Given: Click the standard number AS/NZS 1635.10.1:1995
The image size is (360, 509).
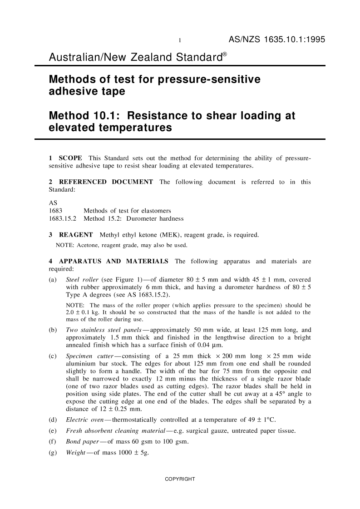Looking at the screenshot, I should [277, 40].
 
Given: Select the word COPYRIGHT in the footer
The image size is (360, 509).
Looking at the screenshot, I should [180, 479].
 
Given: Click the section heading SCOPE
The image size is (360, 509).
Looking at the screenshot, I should [70, 158].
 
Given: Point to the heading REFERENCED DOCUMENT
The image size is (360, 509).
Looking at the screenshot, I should [103, 182].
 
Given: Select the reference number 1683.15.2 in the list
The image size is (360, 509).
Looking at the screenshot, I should [63, 218].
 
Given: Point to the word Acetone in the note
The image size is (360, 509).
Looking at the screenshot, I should [88, 246].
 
